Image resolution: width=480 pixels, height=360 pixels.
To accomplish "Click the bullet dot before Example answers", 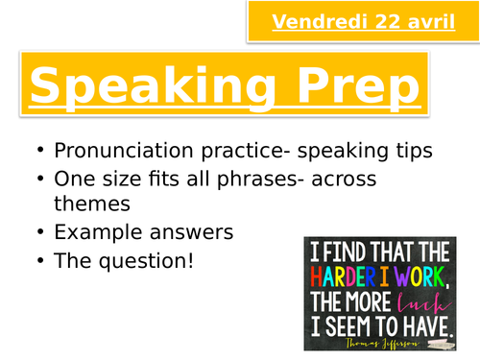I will (x=37, y=232).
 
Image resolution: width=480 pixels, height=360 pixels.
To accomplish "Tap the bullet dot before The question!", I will (x=37, y=259).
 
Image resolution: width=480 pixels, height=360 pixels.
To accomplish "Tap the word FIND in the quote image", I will (x=351, y=252).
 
